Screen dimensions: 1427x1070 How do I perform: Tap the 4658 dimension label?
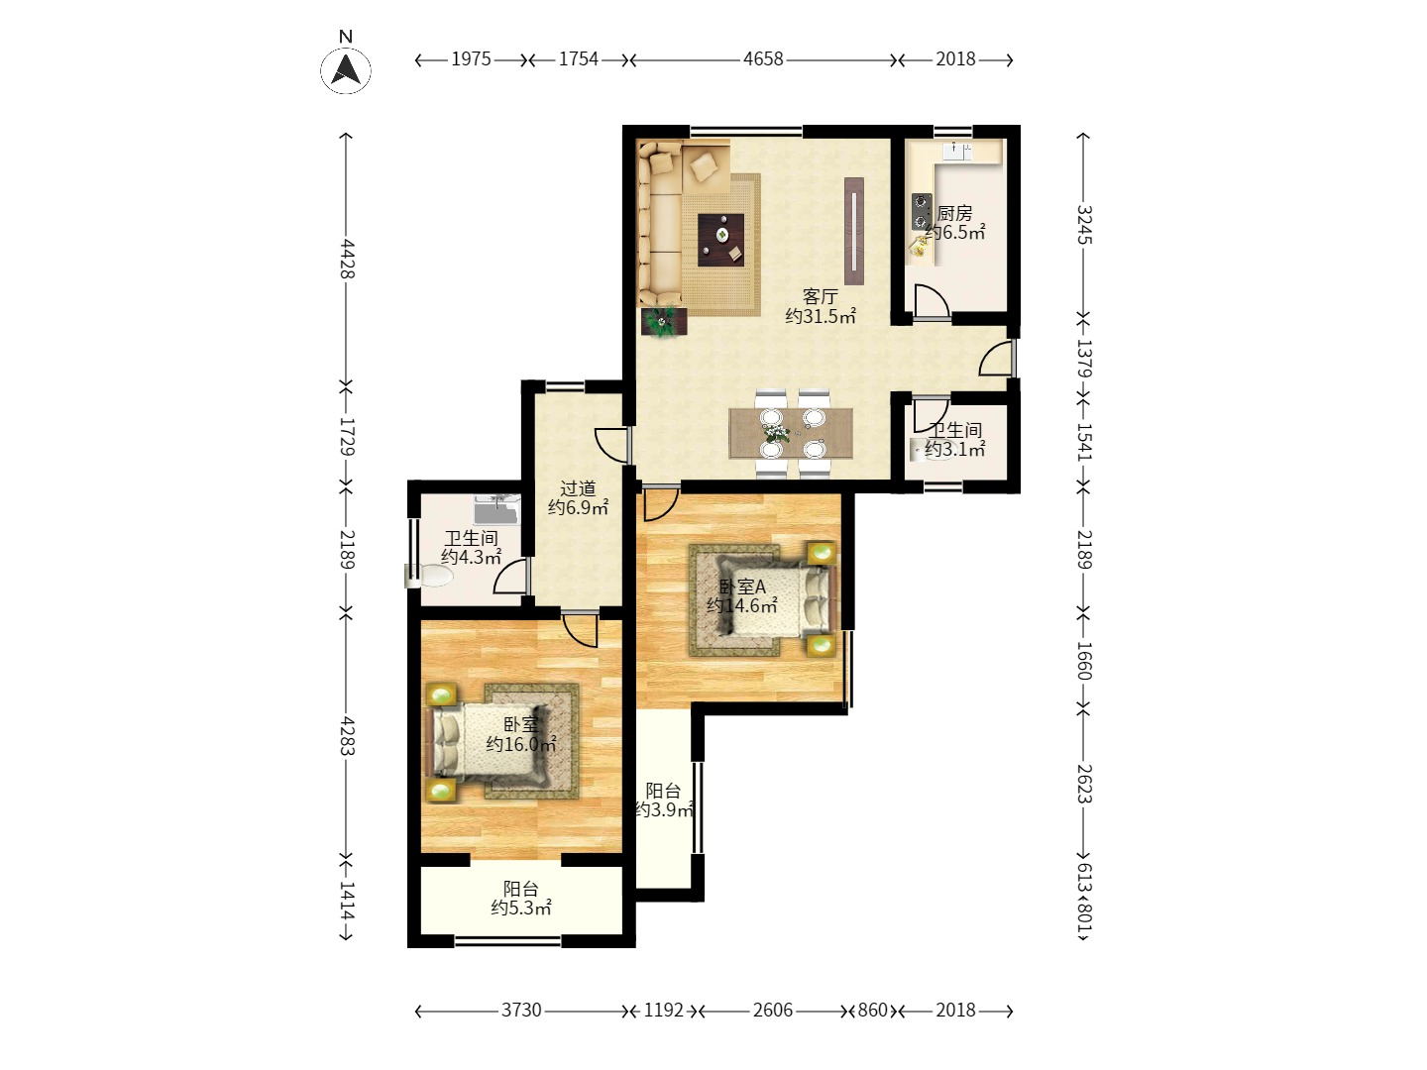[763, 59]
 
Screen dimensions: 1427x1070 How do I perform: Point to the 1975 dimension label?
[471, 59]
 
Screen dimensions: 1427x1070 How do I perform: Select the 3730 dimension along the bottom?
[520, 1011]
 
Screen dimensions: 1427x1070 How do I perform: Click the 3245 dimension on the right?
[1084, 225]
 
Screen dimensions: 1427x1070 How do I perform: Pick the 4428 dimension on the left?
[347, 259]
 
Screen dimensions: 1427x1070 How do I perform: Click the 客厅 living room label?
[820, 297]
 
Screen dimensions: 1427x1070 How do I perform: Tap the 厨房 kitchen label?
[955, 213]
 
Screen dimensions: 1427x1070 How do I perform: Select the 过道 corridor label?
[578, 487]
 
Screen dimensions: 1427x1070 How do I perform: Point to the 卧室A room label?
[742, 587]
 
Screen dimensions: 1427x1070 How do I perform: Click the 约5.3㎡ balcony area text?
[521, 908]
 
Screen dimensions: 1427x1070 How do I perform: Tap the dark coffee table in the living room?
[720, 239]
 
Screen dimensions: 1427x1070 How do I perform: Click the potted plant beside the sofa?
[664, 322]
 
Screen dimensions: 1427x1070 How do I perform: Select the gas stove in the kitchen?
[921, 212]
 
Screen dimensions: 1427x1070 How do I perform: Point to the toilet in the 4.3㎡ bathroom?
[428, 576]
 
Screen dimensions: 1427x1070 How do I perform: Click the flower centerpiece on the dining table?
[776, 432]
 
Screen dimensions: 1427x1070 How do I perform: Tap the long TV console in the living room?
[853, 231]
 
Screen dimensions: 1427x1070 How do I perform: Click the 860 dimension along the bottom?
[872, 1011]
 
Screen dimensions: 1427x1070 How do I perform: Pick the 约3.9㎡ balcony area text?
[664, 809]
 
